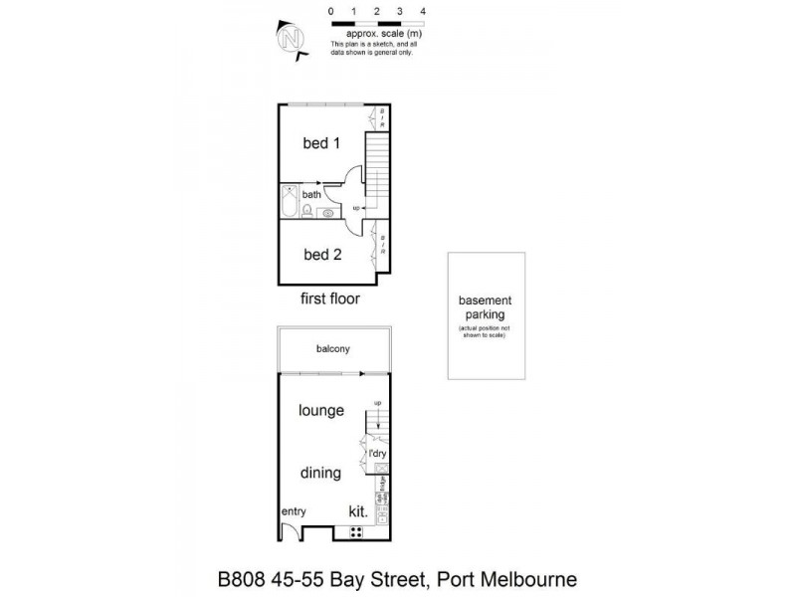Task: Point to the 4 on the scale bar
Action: [424, 11]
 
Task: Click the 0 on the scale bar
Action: [330, 11]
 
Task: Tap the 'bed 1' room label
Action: [321, 143]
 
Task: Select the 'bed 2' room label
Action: [322, 255]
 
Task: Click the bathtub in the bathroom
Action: [290, 204]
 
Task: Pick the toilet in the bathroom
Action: [308, 211]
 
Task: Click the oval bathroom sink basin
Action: [327, 212]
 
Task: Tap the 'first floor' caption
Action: [329, 298]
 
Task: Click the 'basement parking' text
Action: [485, 307]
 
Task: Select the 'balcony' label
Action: [332, 349]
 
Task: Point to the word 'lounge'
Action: [321, 410]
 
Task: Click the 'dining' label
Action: [320, 474]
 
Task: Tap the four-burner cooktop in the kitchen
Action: [355, 531]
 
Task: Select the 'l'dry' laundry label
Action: [377, 454]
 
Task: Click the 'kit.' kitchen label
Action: [358, 511]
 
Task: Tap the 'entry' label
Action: [293, 511]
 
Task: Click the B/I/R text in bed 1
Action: [382, 117]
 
